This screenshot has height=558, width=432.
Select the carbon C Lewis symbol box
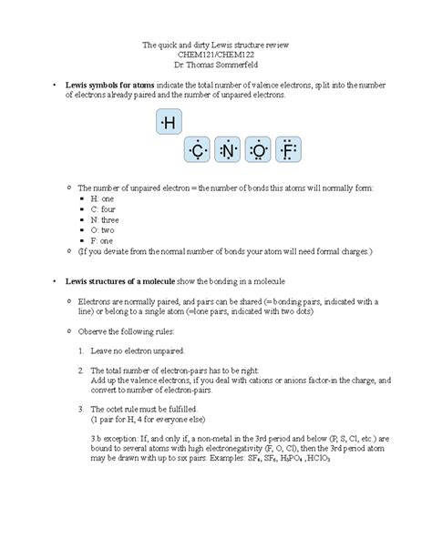coord(198,150)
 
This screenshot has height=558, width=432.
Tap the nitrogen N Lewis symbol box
coord(229,150)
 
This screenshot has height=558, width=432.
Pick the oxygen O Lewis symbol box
coord(260,150)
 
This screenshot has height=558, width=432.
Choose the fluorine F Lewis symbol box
coord(290,150)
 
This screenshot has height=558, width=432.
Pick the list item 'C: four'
coord(102,208)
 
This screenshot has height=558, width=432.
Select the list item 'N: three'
coord(104,219)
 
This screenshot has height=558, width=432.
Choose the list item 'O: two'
coord(102,230)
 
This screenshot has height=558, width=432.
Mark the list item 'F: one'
coord(101,240)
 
